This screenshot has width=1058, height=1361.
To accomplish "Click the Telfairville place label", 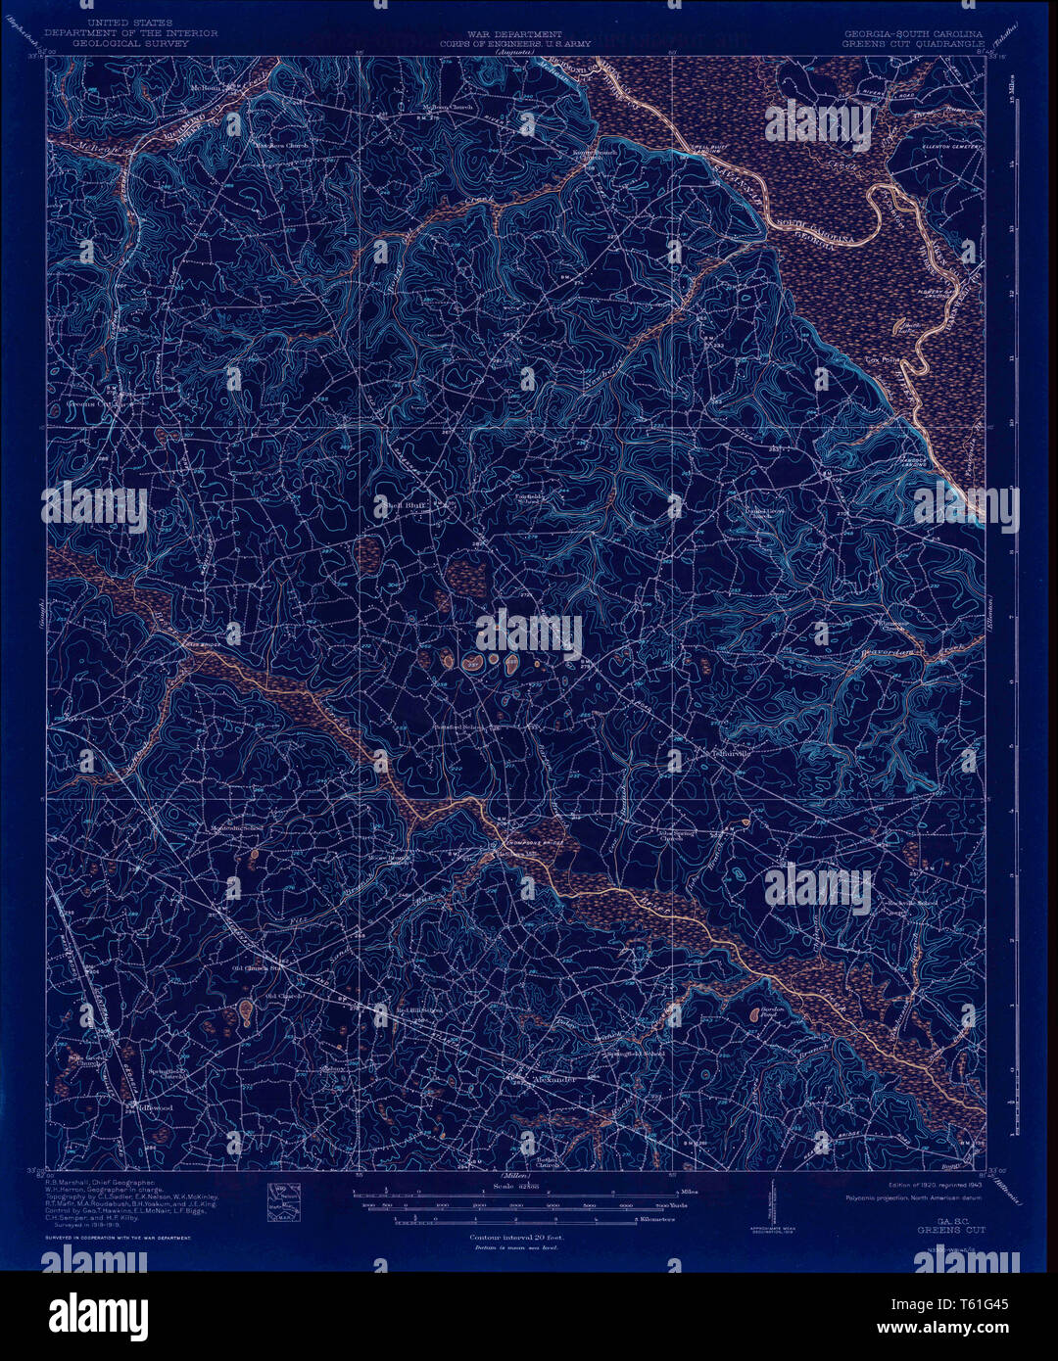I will point(722,755).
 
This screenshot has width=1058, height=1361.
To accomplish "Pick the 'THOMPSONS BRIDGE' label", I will point(534,843).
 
